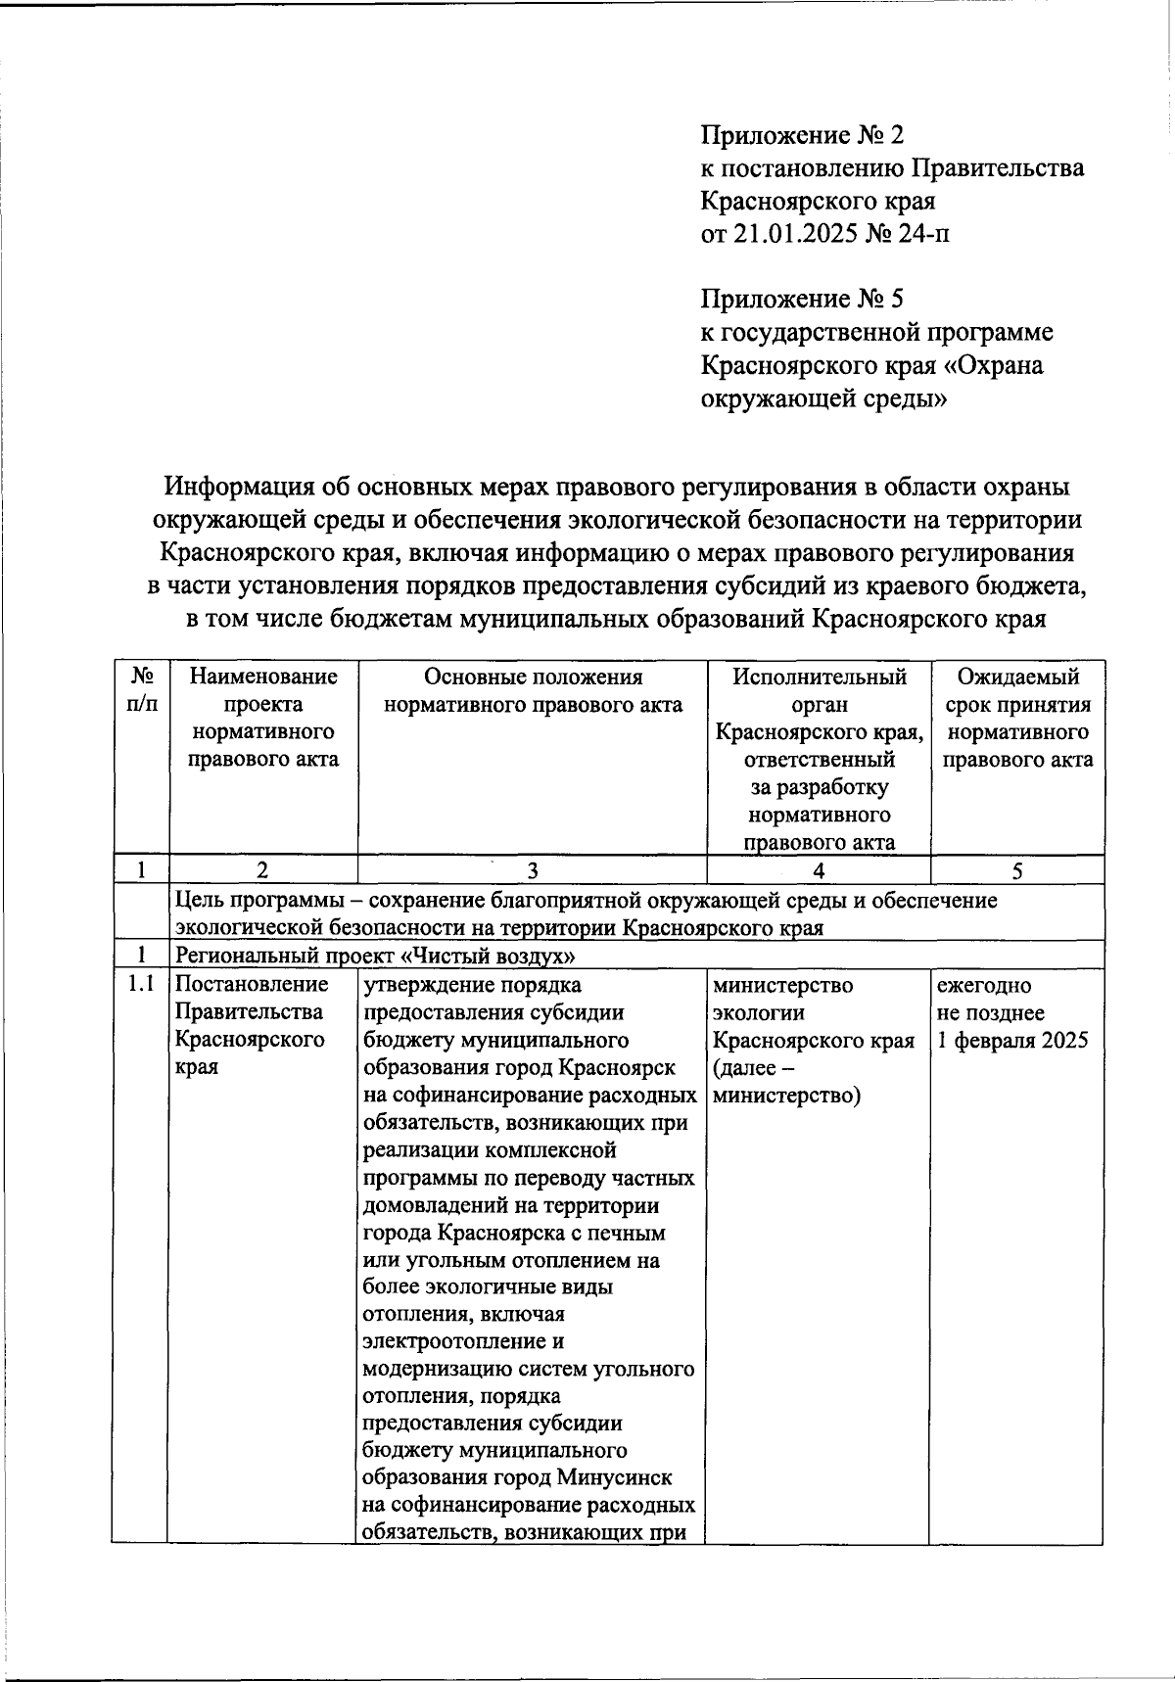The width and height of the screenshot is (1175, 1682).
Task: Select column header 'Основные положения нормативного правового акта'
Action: (533, 690)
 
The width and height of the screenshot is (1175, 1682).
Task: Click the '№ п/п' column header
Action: (141, 690)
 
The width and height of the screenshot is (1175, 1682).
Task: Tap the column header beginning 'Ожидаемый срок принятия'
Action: (1017, 718)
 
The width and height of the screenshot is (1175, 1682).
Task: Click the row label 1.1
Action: (141, 985)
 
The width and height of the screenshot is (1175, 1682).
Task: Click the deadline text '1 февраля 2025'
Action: (1012, 1040)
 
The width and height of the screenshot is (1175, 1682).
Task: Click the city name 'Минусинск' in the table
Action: (617, 1476)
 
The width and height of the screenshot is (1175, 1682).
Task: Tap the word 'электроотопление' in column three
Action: (462, 1340)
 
